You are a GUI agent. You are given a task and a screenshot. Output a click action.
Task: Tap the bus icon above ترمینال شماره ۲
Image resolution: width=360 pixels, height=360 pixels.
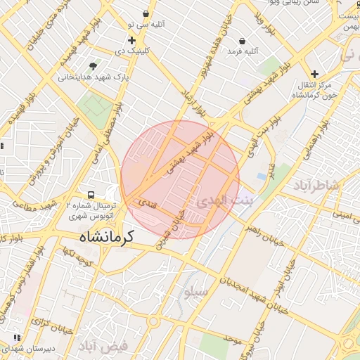click(x=91, y=195)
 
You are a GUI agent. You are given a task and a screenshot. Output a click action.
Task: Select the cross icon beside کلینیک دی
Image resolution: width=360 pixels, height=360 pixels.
click(x=131, y=41)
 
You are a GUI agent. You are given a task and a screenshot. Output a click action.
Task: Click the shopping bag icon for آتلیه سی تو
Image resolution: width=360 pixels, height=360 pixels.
click(x=146, y=14)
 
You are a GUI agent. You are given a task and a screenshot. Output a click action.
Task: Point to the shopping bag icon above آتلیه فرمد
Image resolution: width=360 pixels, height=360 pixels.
click(x=242, y=41)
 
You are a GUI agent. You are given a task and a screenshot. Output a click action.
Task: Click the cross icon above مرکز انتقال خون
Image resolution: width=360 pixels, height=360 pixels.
click(x=314, y=73)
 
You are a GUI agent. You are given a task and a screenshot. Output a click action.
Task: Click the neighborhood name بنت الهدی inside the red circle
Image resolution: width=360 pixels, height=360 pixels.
click(x=219, y=201)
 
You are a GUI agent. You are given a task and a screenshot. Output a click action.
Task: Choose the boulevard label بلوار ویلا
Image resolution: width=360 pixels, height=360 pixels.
click(x=271, y=24)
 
